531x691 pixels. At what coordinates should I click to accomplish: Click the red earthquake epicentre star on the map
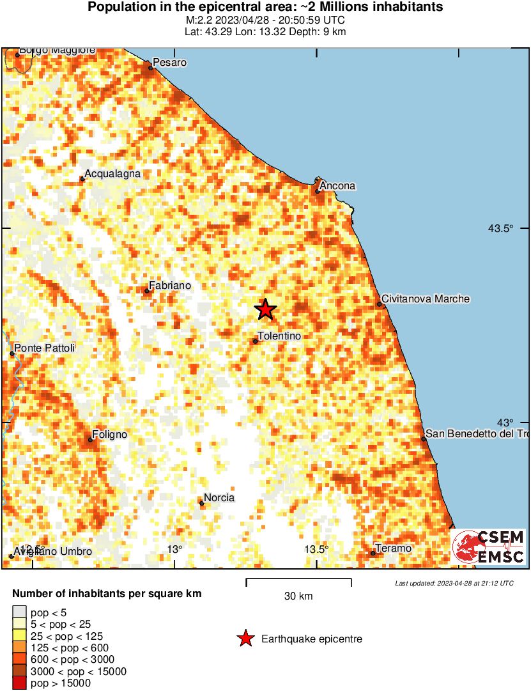tap(265, 309)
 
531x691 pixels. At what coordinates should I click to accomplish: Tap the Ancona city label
tap(337, 186)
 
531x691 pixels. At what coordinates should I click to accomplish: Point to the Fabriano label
tap(169, 286)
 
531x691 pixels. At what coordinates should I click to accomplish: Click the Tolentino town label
tap(279, 336)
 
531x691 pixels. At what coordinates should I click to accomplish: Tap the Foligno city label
tap(109, 435)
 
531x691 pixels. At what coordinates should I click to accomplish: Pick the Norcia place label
tap(219, 498)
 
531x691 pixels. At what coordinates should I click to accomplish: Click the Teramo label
tap(393, 548)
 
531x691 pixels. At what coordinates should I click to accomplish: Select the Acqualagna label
tap(112, 174)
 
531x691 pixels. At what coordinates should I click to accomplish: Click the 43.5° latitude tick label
tap(501, 228)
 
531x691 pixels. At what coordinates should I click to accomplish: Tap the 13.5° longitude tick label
tap(316, 550)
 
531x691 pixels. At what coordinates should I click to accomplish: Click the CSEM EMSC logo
tap(489, 547)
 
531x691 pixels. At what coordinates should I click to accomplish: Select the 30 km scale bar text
tap(298, 596)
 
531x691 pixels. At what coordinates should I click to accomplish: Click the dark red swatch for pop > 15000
tap(20, 683)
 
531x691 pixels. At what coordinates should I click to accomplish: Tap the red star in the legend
tap(245, 639)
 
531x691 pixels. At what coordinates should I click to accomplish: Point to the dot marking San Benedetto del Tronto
tap(424, 439)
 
